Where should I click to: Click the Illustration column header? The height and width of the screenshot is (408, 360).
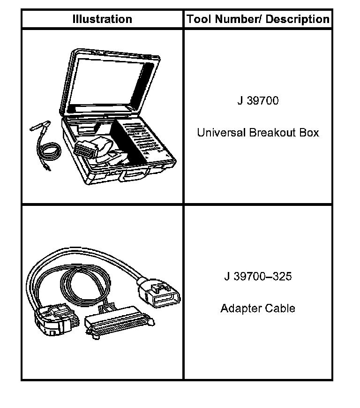tap(102, 19)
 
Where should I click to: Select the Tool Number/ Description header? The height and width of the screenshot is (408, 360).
tap(258, 19)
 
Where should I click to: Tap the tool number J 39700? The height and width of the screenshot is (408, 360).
tap(257, 100)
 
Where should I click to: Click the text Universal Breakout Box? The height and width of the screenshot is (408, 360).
tap(258, 133)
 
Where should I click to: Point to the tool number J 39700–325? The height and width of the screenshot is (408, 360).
tap(257, 276)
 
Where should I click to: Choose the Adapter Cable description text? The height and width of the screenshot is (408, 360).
tap(258, 309)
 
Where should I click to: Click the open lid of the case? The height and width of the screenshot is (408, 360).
tap(112, 80)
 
